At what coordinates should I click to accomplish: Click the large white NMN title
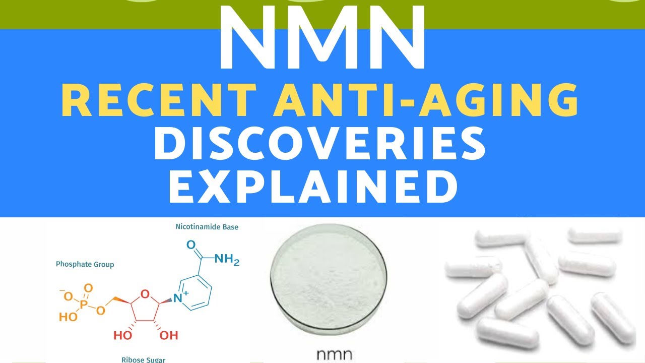[322, 38]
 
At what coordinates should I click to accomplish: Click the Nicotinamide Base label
[207, 227]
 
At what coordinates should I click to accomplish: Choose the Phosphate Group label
[85, 264]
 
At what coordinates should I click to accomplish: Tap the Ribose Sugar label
[143, 359]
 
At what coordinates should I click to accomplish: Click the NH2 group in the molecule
[227, 260]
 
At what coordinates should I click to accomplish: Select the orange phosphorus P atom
[83, 304]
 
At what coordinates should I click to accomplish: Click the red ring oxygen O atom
[145, 293]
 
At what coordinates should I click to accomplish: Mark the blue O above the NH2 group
[190, 245]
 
